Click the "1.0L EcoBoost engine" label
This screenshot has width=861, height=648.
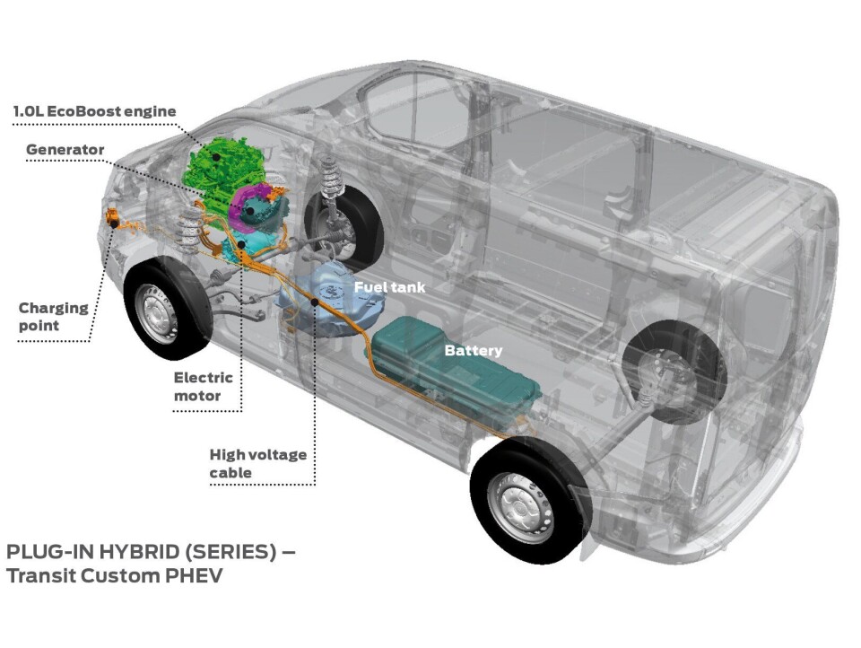94,111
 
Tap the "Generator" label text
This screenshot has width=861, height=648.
65,150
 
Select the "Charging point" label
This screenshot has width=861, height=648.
53,317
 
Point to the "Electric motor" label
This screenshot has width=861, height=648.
203,387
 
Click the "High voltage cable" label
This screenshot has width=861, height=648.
257,464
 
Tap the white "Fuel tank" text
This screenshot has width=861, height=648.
389,288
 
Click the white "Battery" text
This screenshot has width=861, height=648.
473,351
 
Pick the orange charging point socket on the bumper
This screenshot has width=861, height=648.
113,216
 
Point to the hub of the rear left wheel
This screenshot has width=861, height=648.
521,505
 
